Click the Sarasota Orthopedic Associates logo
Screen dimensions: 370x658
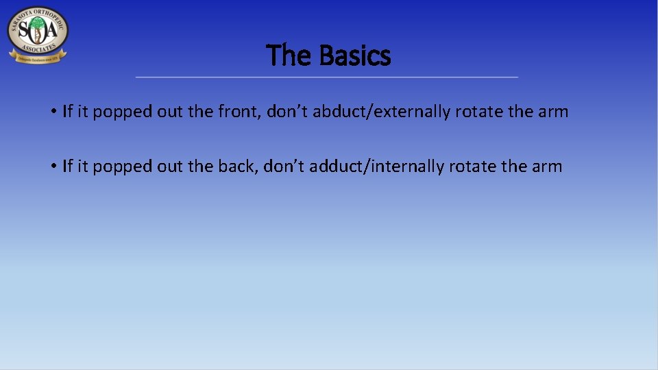[38, 34]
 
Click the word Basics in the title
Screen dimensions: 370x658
[356, 56]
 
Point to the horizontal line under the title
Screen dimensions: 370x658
[327, 77]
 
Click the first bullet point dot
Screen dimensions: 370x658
[53, 112]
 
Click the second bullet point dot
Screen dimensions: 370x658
[53, 166]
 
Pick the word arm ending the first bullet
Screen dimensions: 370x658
[554, 112]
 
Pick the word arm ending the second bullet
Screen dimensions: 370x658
[548, 166]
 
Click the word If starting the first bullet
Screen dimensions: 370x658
[67, 111]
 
